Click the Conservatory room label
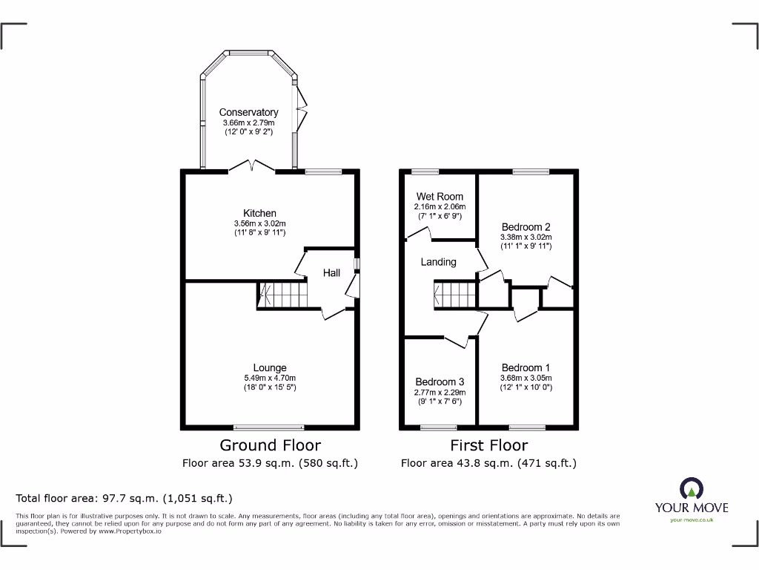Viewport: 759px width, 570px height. pos(248,113)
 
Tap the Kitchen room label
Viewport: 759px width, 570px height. pos(259,213)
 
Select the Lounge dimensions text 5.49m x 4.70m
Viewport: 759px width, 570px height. pos(270,378)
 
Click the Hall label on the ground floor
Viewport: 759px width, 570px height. pos(331,273)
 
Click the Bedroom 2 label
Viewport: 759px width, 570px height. pos(526,227)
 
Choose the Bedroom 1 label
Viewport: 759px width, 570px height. pos(526,367)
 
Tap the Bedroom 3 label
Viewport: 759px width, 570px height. pos(440,382)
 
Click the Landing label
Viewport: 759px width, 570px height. pos(439,262)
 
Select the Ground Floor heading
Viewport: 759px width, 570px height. pos(271,445)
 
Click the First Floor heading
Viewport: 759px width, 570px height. pos(489,445)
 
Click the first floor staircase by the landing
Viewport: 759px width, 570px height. pos(453,295)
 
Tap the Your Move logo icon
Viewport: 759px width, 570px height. pos(691,488)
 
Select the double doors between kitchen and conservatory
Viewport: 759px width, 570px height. pos(252,166)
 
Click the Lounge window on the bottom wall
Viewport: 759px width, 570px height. pos(268,427)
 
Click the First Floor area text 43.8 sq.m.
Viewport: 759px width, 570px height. pos(488,463)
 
